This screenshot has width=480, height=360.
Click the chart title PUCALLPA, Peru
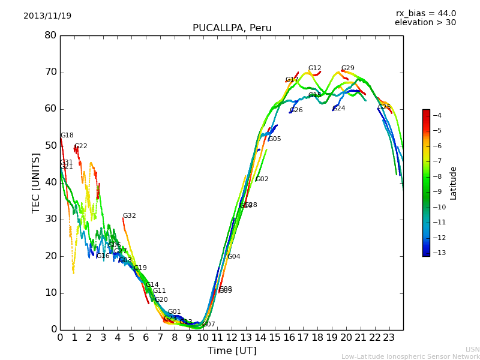tap(232, 28)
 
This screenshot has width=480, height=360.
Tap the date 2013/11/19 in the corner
tap(47, 16)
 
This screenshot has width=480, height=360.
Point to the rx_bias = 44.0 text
tap(425, 13)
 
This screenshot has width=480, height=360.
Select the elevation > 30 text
tap(425, 23)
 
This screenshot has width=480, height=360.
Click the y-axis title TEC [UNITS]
tap(36, 182)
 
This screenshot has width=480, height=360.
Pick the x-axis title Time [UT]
tap(232, 351)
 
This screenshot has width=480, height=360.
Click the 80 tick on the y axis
tap(50, 35)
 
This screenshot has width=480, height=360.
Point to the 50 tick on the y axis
tap(50, 146)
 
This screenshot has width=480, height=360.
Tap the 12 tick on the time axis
tap(232, 337)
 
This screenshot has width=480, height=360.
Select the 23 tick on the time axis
tap(389, 337)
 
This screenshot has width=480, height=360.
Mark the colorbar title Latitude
tap(454, 182)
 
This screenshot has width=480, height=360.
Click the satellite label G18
tap(67, 136)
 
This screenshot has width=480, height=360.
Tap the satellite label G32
tap(130, 216)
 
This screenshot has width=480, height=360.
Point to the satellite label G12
tap(315, 68)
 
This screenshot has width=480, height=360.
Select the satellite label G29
tap(348, 68)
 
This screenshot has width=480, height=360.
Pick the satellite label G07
tap(209, 325)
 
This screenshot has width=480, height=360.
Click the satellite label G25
tap(385, 107)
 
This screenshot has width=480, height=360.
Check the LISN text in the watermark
tap(473, 349)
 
